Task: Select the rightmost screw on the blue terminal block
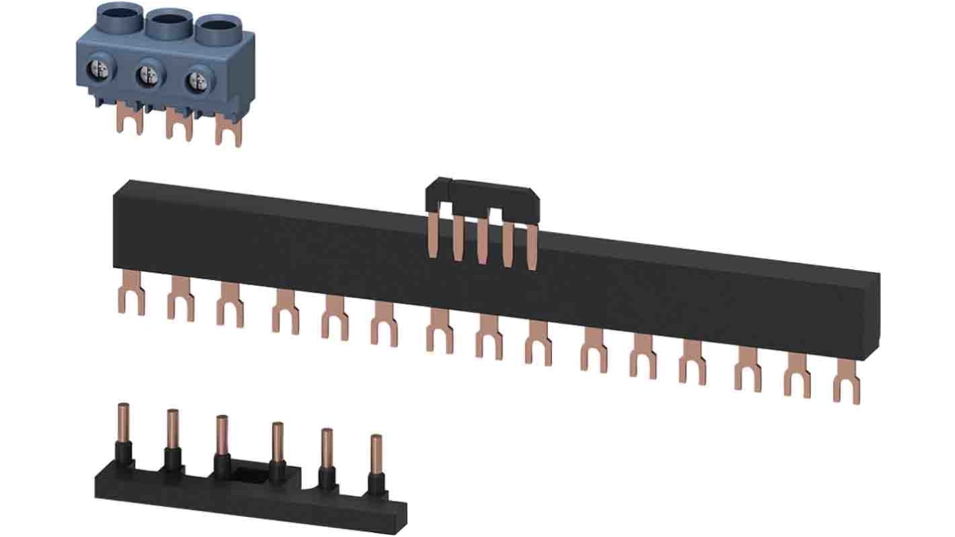(x=196, y=80)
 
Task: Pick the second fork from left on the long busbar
(x=180, y=303)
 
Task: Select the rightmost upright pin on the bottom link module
(x=376, y=455)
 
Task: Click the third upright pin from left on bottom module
(x=222, y=435)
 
